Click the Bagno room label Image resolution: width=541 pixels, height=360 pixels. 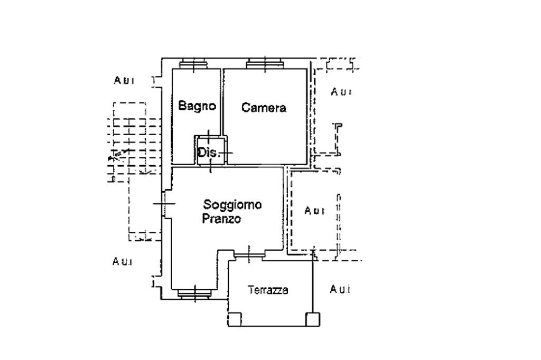pyautogui.click(x=197, y=106)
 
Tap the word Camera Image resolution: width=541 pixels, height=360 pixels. pyautogui.click(x=264, y=108)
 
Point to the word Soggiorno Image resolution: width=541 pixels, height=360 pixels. pyautogui.click(x=232, y=204)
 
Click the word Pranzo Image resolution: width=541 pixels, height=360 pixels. pyautogui.click(x=221, y=219)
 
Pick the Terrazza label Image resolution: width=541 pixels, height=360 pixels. pyautogui.click(x=268, y=290)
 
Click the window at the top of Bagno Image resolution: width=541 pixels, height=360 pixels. pyautogui.click(x=193, y=65)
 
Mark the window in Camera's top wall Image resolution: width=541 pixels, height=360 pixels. pyautogui.click(x=264, y=65)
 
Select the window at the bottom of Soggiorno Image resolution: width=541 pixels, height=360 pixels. pyautogui.click(x=195, y=293)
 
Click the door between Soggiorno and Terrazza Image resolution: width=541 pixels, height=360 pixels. pyautogui.click(x=248, y=255)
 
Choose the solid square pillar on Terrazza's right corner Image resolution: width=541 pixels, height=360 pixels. pyautogui.click(x=312, y=318)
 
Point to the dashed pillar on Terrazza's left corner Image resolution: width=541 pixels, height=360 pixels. pyautogui.click(x=235, y=319)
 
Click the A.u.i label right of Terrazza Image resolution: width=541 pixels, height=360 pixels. pyautogui.click(x=340, y=289)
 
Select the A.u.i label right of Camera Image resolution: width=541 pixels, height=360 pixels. pyautogui.click(x=341, y=92)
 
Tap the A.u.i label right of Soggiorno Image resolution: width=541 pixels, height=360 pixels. pyautogui.click(x=314, y=211)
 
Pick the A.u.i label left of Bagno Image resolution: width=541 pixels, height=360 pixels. pyautogui.click(x=124, y=80)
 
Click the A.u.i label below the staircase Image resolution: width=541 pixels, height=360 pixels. pyautogui.click(x=123, y=261)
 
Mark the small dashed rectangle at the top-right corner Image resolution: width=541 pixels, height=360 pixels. pyautogui.click(x=339, y=64)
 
